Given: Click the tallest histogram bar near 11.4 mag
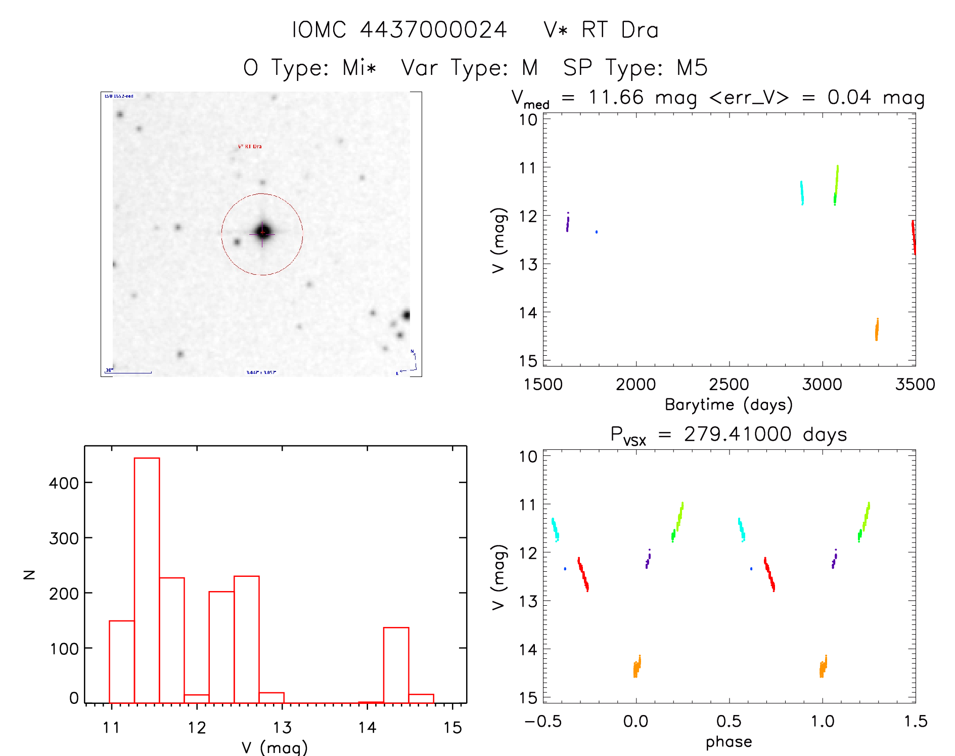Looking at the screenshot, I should (x=147, y=580).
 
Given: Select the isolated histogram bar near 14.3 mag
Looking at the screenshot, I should (x=396, y=665).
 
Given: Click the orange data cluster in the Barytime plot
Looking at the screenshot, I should (x=877, y=330).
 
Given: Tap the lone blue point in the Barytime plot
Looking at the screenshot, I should (x=597, y=232).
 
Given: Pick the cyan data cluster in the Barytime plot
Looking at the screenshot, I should (x=802, y=193).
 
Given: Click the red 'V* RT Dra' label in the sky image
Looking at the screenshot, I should (x=250, y=146).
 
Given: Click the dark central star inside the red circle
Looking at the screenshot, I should (x=262, y=232).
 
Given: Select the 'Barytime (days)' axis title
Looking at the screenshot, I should (x=729, y=405).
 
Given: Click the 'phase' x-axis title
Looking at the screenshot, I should (x=729, y=742).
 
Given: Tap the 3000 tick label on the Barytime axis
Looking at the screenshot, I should (x=822, y=385).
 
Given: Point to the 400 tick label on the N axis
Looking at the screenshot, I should (x=64, y=483).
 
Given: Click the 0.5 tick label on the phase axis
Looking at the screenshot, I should (x=729, y=722).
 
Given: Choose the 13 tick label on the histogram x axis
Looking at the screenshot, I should (x=282, y=728).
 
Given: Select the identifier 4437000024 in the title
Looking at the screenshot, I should (x=433, y=30).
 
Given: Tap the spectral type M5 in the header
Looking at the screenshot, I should (x=692, y=68).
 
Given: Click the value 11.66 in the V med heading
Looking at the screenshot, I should (x=616, y=97).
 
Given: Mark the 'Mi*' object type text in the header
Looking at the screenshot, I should (x=359, y=68).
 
